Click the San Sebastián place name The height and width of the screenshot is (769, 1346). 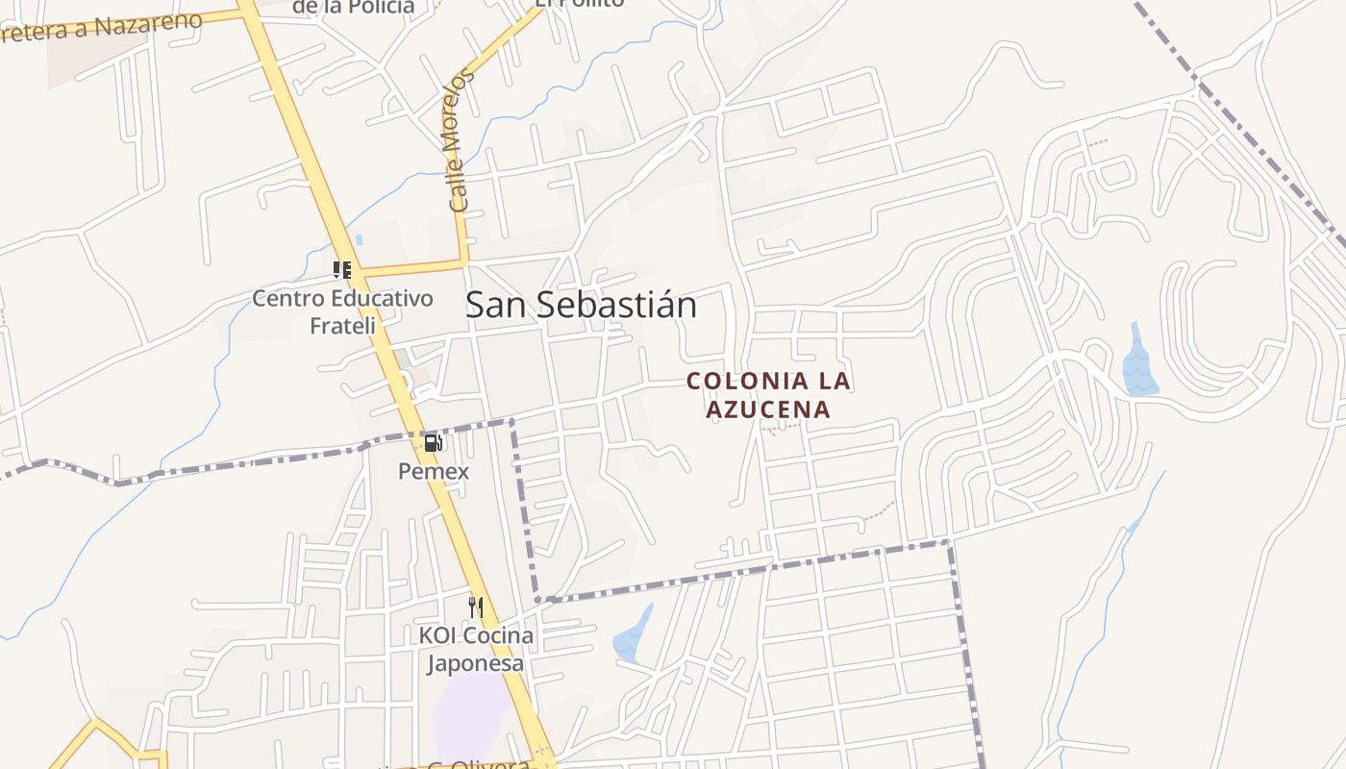click(581, 306)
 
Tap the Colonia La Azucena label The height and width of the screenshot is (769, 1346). click(768, 395)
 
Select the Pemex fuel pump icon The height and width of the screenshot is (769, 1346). click(434, 443)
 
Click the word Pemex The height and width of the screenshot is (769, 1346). click(434, 471)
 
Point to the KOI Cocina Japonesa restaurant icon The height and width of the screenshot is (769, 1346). click(476, 607)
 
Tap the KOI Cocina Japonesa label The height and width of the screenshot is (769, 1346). click(476, 649)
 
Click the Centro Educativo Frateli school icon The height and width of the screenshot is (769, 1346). click(342, 270)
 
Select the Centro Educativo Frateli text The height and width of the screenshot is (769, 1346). click(342, 311)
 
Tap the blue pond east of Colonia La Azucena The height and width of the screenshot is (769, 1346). click(1139, 363)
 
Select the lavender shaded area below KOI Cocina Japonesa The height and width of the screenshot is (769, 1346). click(471, 716)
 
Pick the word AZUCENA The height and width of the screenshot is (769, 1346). click(768, 409)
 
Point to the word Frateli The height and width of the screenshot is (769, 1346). click(342, 326)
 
